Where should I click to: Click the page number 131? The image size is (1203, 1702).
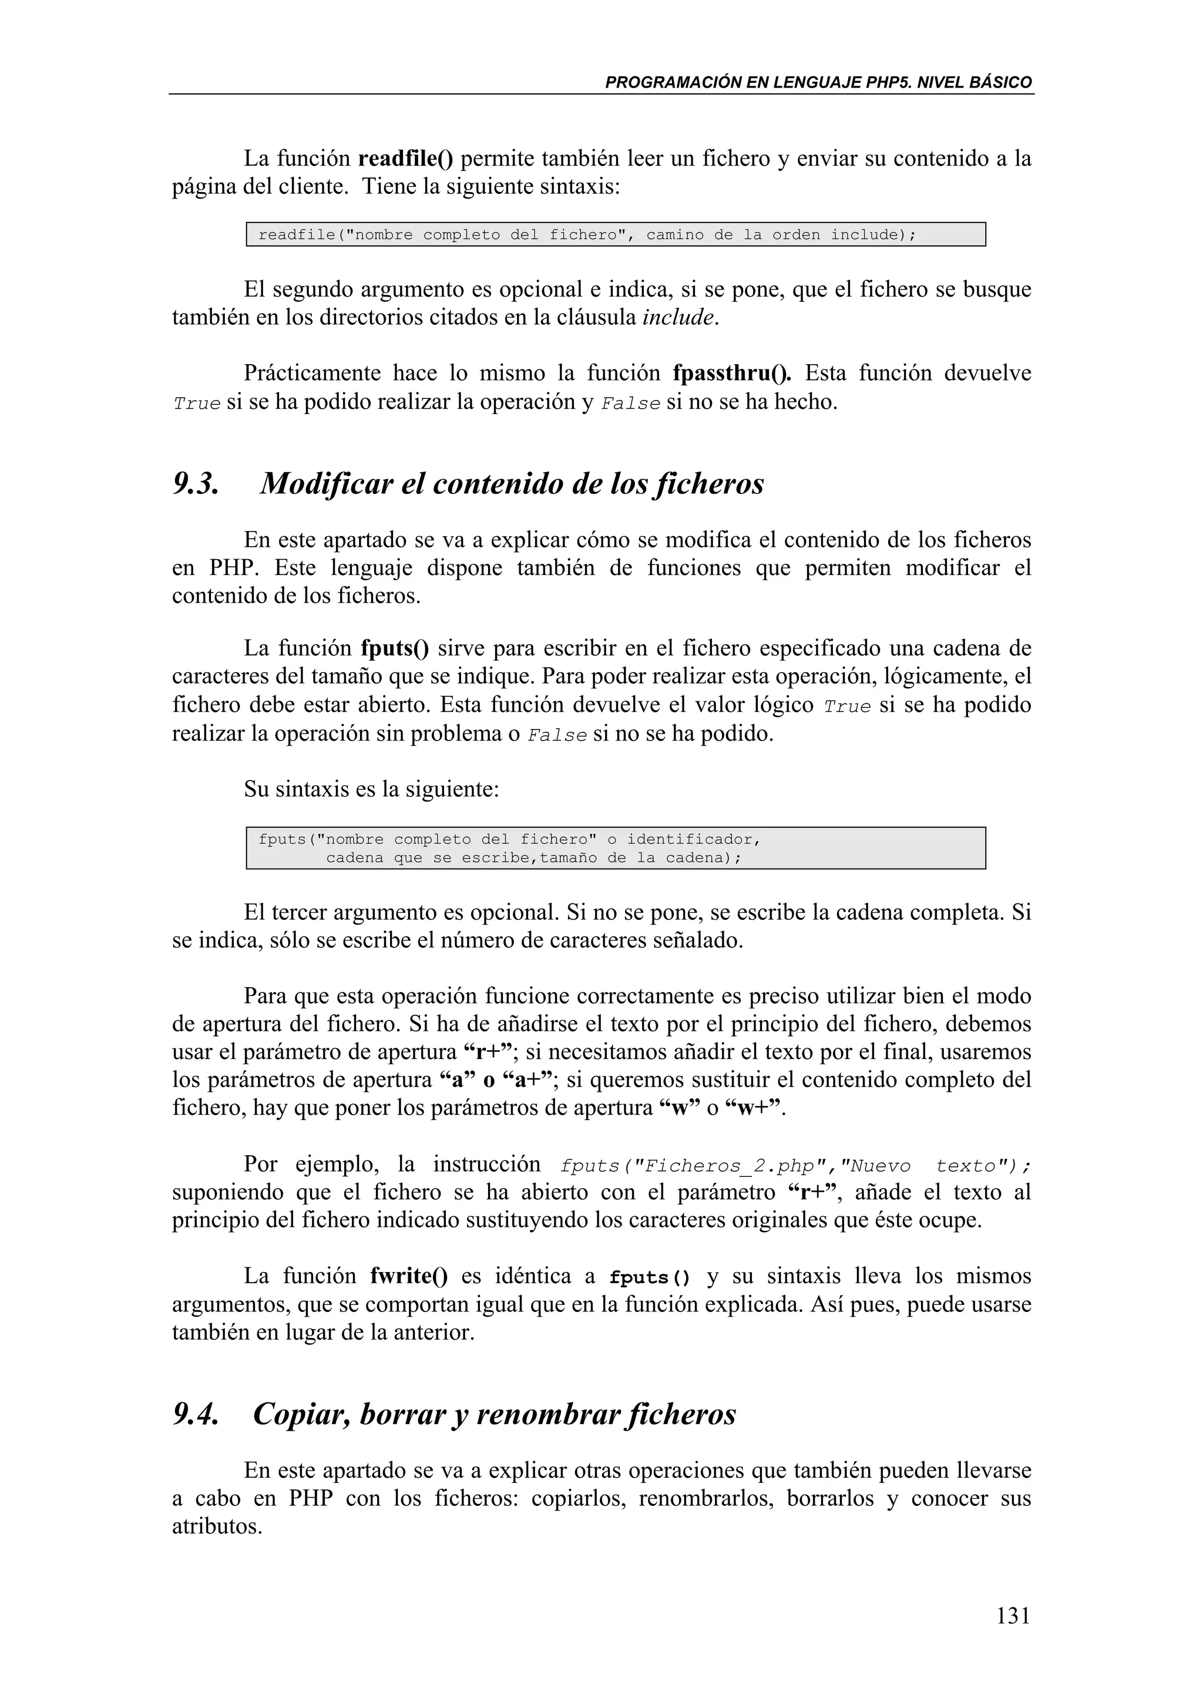[1013, 1614]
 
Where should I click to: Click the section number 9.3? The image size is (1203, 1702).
[196, 484]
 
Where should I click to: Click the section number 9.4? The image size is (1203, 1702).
[196, 1414]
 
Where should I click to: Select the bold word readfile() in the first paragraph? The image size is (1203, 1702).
[405, 159]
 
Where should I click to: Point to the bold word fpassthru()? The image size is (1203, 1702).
[731, 373]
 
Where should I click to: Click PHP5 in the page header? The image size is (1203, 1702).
[886, 82]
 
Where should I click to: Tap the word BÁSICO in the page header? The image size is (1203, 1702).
[1003, 82]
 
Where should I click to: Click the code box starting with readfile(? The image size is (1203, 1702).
[615, 235]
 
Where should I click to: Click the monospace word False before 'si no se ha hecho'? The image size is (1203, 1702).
[630, 404]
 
